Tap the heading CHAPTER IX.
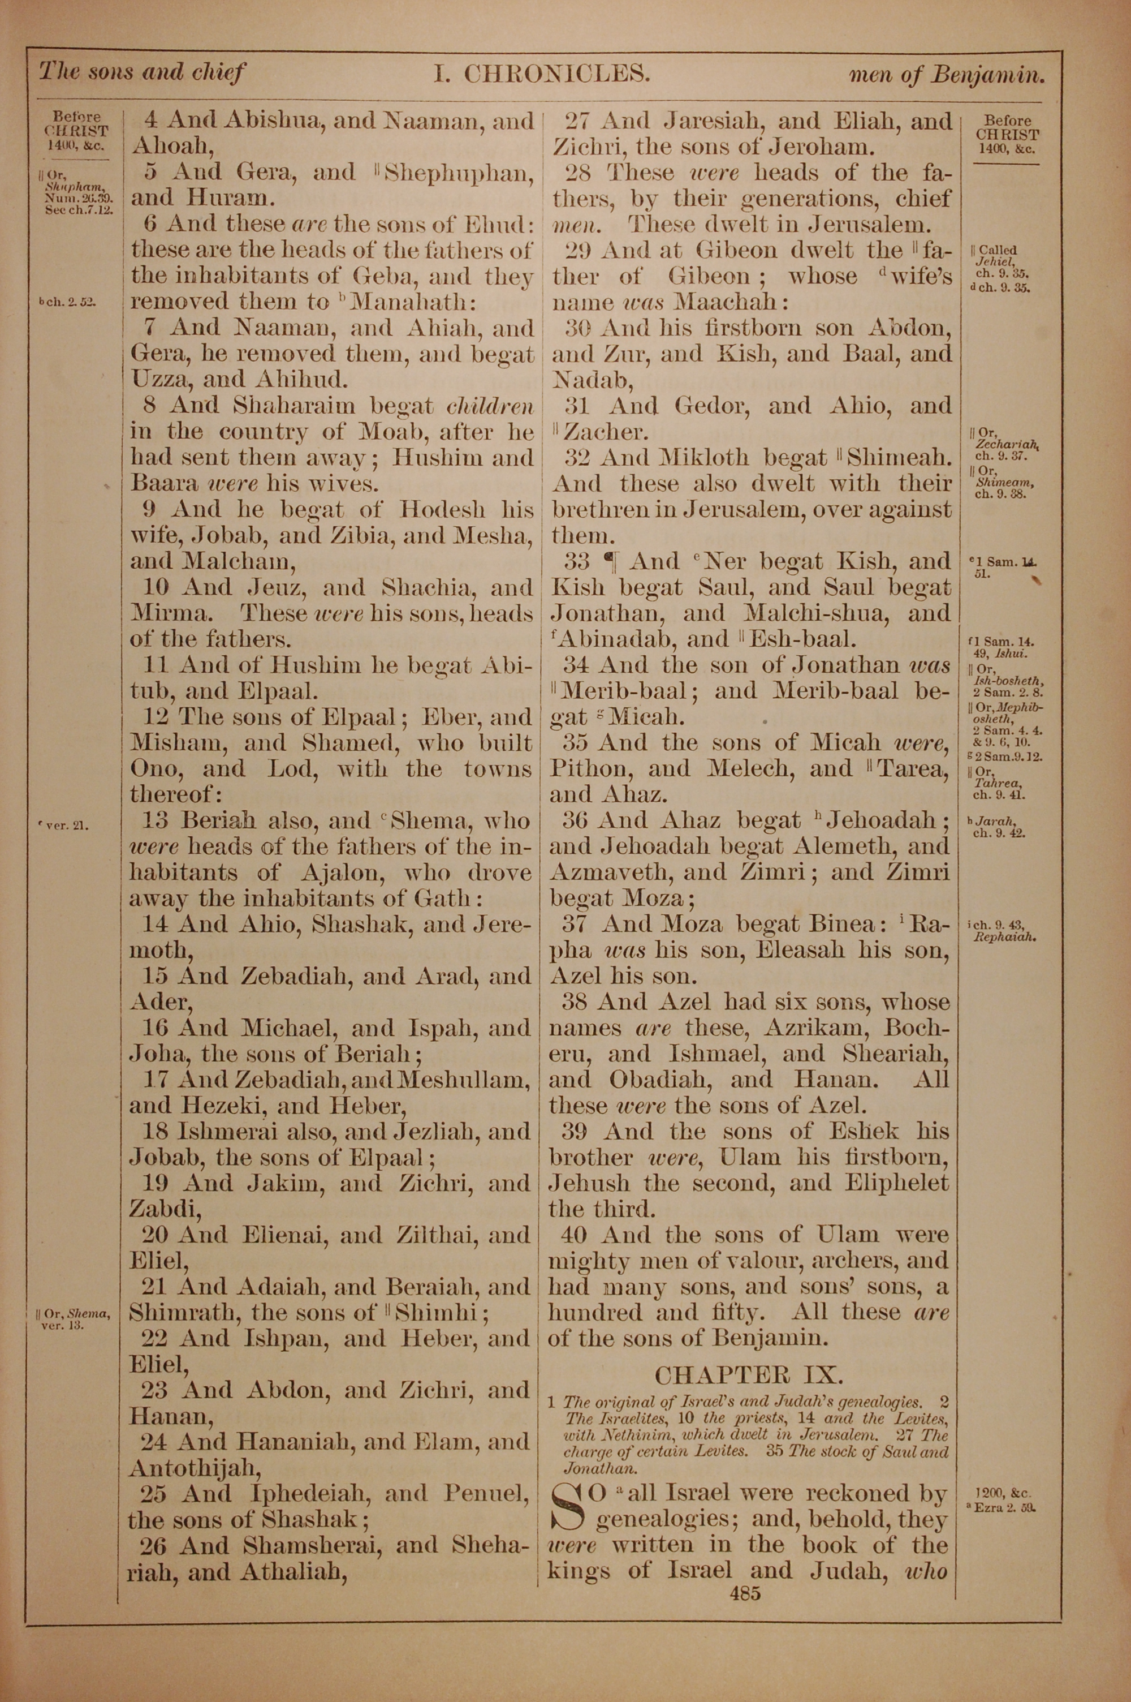point(749,1374)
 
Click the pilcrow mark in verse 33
point(609,562)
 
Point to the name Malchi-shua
point(813,614)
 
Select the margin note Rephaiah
point(1005,938)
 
